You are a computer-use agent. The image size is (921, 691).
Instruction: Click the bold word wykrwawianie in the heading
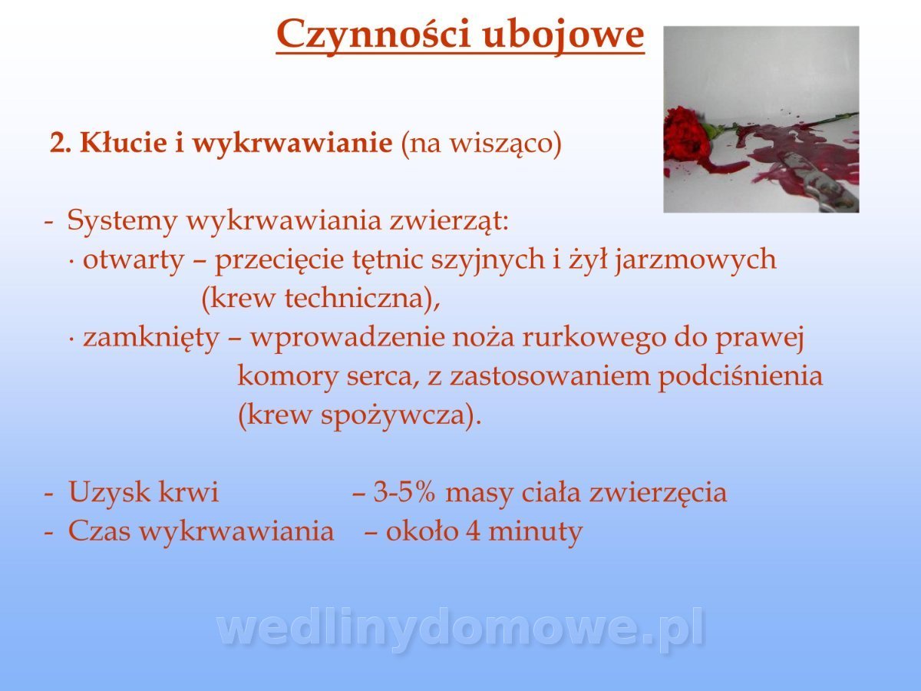292,144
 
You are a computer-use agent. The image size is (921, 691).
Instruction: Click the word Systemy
122,221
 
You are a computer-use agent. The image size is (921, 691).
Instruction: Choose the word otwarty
134,260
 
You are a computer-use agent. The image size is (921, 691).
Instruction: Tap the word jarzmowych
695,260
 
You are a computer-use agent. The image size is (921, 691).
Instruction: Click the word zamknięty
151,338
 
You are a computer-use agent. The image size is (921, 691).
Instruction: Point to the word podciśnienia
740,376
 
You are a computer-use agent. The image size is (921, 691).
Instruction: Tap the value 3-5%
404,492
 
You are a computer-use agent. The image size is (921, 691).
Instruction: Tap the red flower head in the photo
685,135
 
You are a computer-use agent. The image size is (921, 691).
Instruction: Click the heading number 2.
58,144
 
